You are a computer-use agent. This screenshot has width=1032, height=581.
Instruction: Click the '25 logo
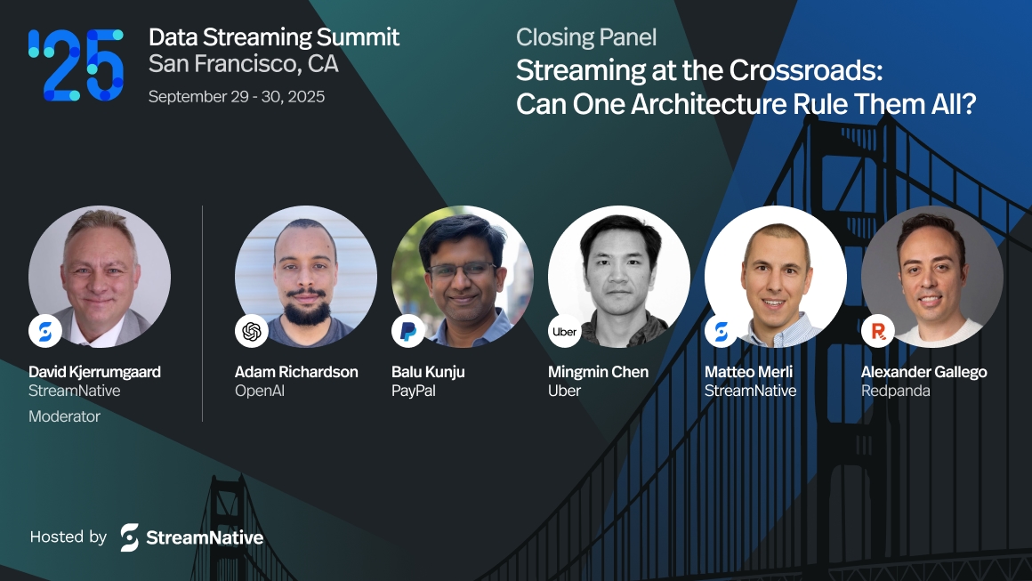click(x=75, y=64)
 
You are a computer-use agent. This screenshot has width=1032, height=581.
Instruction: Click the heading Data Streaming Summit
click(x=274, y=37)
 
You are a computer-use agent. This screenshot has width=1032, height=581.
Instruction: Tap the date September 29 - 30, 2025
click(x=237, y=96)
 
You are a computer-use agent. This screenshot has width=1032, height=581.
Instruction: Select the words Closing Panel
click(x=586, y=37)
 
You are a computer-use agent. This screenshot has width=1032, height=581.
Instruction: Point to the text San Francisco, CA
click(x=243, y=64)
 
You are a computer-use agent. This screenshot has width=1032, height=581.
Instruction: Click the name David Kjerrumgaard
click(x=94, y=372)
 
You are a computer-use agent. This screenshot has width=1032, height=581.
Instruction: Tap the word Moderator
click(x=64, y=416)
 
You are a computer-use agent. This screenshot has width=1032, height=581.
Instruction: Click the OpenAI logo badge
click(x=252, y=331)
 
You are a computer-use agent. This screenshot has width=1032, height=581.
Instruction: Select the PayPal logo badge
click(x=408, y=331)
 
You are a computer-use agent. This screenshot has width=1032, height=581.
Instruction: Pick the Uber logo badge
click(x=565, y=331)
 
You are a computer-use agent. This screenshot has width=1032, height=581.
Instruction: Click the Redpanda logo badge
click(x=878, y=331)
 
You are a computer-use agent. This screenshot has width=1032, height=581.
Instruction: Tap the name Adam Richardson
click(x=296, y=372)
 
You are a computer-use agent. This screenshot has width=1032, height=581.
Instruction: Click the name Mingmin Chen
click(x=598, y=372)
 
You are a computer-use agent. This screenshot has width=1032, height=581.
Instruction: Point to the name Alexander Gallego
click(x=923, y=372)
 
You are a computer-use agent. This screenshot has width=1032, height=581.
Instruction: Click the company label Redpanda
click(x=895, y=391)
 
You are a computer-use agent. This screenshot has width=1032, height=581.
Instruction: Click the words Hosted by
click(x=69, y=537)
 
